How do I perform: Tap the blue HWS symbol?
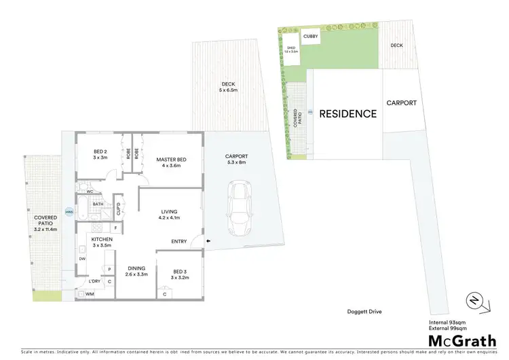click(x=69, y=212)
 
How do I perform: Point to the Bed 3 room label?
click(x=178, y=274)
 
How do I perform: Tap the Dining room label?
click(x=136, y=270)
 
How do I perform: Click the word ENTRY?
click(x=179, y=240)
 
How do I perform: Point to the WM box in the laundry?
click(x=88, y=294)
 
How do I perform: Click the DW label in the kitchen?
click(x=82, y=259)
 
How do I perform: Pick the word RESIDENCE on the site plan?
click(x=347, y=113)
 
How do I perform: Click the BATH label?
click(x=98, y=204)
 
